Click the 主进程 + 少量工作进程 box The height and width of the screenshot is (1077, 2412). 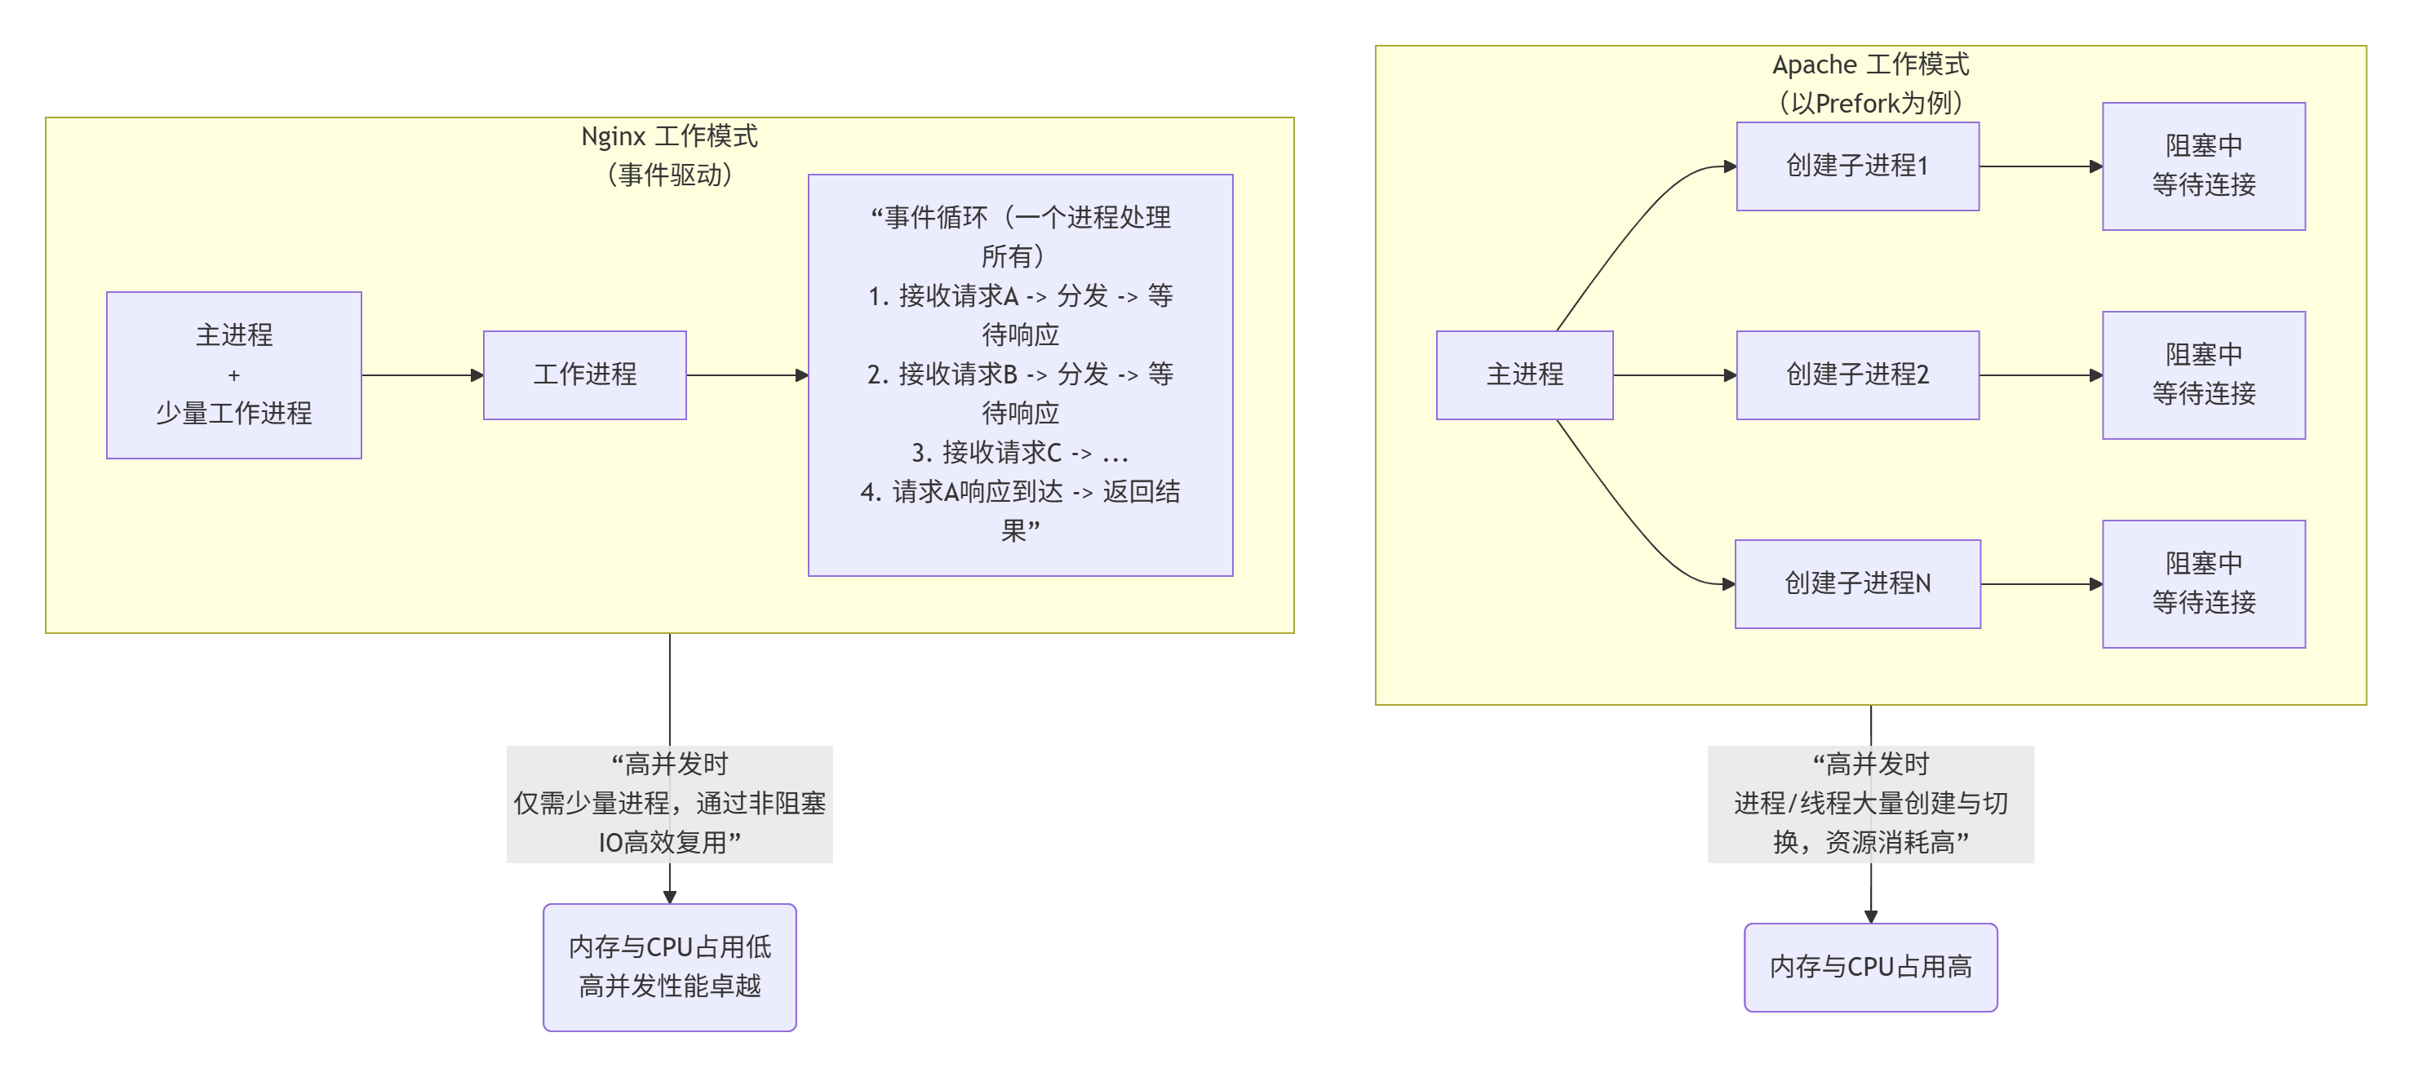[233, 375]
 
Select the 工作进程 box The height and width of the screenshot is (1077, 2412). [584, 375]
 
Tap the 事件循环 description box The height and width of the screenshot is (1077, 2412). [1020, 375]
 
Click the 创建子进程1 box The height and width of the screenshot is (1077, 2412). [1857, 166]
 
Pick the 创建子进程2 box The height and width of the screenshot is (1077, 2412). [1857, 375]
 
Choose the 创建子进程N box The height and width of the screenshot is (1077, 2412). [1857, 583]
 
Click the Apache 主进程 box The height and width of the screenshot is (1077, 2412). [1523, 375]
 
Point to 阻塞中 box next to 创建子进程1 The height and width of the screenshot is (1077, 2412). [2203, 166]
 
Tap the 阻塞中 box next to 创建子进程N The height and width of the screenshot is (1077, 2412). [2203, 583]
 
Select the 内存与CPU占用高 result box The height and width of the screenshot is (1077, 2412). [1870, 967]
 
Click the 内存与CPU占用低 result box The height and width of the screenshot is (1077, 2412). [669, 967]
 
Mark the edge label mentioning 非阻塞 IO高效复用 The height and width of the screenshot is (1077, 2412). [669, 804]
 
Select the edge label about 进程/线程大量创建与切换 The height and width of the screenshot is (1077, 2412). [1870, 804]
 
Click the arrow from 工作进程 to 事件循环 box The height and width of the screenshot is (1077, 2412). [747, 375]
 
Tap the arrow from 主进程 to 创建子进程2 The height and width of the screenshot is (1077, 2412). [1674, 375]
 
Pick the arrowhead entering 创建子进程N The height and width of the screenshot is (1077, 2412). [1727, 583]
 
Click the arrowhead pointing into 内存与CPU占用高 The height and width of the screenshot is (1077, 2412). [1870, 916]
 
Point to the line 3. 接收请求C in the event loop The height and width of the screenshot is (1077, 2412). [1020, 454]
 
